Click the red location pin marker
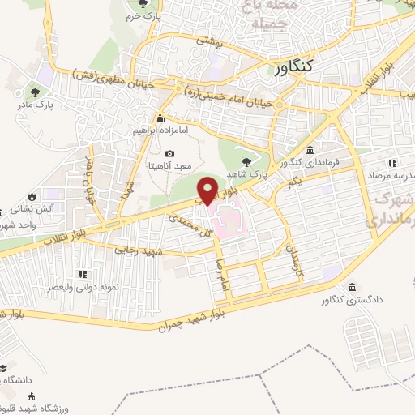[x=207, y=190]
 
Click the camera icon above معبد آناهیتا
[x=169, y=154]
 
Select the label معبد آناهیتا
[x=169, y=166]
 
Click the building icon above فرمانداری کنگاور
[x=310, y=150]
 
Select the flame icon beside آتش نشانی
[x=32, y=196]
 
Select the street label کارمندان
[x=289, y=257]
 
